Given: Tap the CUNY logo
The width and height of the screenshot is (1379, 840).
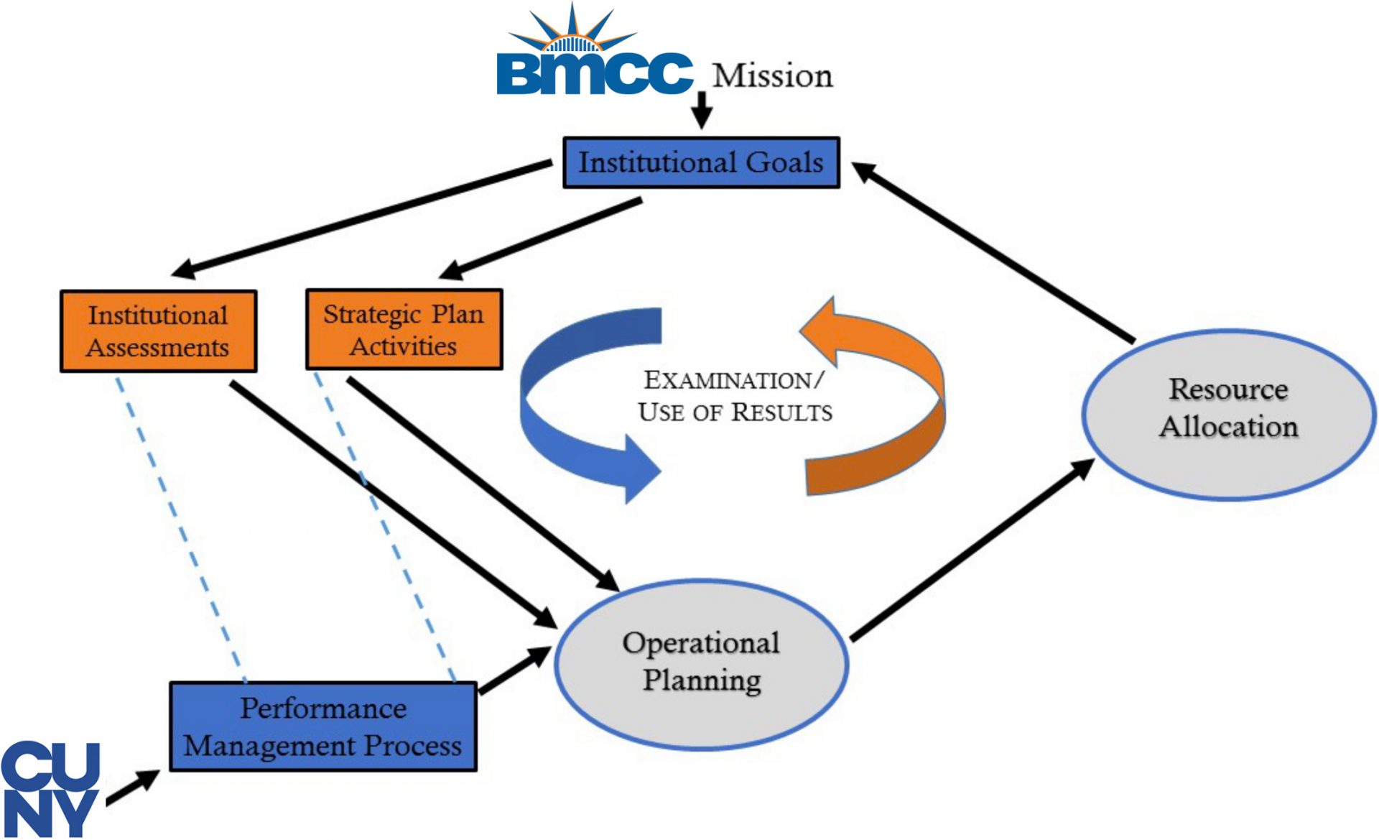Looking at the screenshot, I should pyautogui.click(x=49, y=789).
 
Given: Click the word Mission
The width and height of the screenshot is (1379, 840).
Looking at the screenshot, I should pyautogui.click(x=772, y=76).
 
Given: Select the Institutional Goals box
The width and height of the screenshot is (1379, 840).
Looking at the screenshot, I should pyautogui.click(x=701, y=162).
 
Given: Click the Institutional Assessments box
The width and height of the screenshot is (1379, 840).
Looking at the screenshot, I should pyautogui.click(x=158, y=331).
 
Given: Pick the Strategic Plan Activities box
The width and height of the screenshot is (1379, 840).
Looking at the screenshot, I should pyautogui.click(x=404, y=330).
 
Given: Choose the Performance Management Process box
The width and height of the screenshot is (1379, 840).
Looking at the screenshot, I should pyautogui.click(x=322, y=727).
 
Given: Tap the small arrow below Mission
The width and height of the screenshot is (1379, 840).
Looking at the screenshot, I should pyautogui.click(x=702, y=111).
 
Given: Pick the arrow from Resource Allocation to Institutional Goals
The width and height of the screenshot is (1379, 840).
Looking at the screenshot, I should pyautogui.click(x=991, y=251).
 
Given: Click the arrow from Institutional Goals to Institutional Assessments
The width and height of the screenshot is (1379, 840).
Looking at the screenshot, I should pyautogui.click(x=359, y=219).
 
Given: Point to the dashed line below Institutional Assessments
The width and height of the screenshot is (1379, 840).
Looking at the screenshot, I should pyautogui.click(x=180, y=525).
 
